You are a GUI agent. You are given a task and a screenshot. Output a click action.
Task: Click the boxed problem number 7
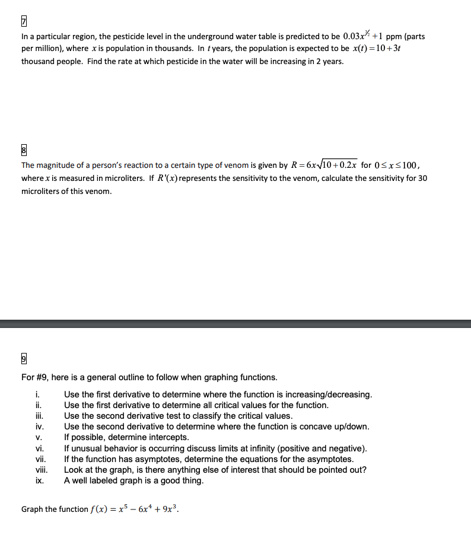point(24,22)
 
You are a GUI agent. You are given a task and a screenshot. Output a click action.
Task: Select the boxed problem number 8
point(24,151)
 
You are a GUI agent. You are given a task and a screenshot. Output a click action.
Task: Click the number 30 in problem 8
point(422,179)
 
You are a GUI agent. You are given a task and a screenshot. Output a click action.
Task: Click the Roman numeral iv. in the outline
point(40,426)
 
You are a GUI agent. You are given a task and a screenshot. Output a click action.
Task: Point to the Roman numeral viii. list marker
point(41,470)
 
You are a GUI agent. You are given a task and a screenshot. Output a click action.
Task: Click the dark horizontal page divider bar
point(235,323)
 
